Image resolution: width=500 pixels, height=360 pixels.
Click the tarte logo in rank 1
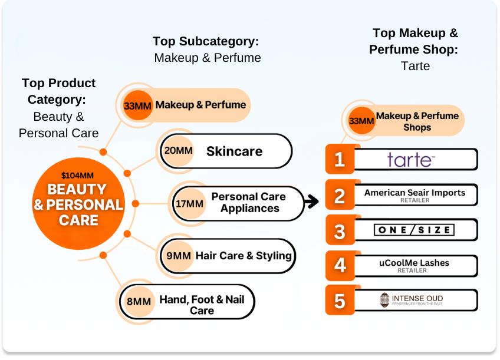click(x=411, y=160)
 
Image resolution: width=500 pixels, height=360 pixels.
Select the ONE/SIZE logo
click(x=414, y=230)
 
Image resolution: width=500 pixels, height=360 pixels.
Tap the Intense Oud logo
click(x=412, y=300)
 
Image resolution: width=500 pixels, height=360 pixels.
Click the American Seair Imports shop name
click(x=415, y=193)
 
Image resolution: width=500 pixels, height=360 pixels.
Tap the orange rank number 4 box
click(x=340, y=265)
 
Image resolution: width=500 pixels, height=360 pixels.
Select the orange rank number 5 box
click(x=340, y=300)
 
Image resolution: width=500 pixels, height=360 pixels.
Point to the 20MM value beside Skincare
click(x=178, y=151)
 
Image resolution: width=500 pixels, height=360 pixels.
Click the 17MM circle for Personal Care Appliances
click(x=189, y=204)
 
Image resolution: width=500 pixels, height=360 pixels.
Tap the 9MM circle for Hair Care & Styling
click(x=178, y=256)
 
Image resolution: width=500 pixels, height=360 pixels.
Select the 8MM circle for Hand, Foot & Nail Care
click(x=139, y=302)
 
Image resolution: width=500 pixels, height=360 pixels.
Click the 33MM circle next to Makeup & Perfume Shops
click(x=361, y=121)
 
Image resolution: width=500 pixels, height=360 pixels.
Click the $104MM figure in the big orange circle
click(x=77, y=175)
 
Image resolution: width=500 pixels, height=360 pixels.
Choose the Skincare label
click(x=234, y=151)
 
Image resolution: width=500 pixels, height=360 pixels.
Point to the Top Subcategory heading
click(x=206, y=41)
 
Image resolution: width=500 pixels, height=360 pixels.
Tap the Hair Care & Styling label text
click(x=244, y=256)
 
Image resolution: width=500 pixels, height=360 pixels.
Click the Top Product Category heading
click(x=58, y=91)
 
